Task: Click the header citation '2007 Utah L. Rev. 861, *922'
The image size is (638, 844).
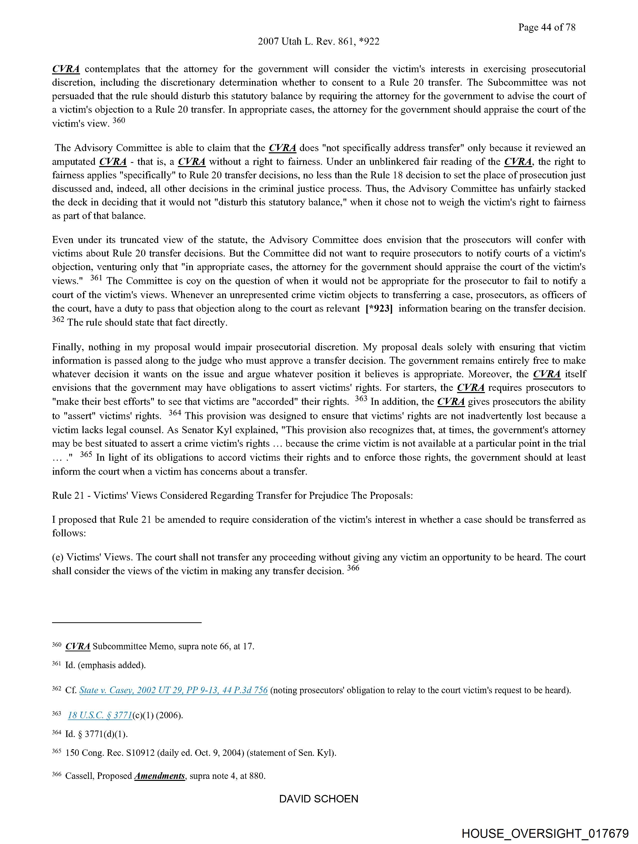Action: pyautogui.click(x=318, y=42)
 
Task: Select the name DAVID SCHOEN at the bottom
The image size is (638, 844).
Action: pyautogui.click(x=318, y=799)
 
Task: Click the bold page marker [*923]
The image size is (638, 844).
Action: pyautogui.click(x=379, y=309)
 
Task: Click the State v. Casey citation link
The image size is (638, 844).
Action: pyautogui.click(x=173, y=690)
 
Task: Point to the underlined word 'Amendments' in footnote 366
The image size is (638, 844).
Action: pyautogui.click(x=159, y=776)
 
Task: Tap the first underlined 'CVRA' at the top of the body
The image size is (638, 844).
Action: pyautogui.click(x=66, y=69)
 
